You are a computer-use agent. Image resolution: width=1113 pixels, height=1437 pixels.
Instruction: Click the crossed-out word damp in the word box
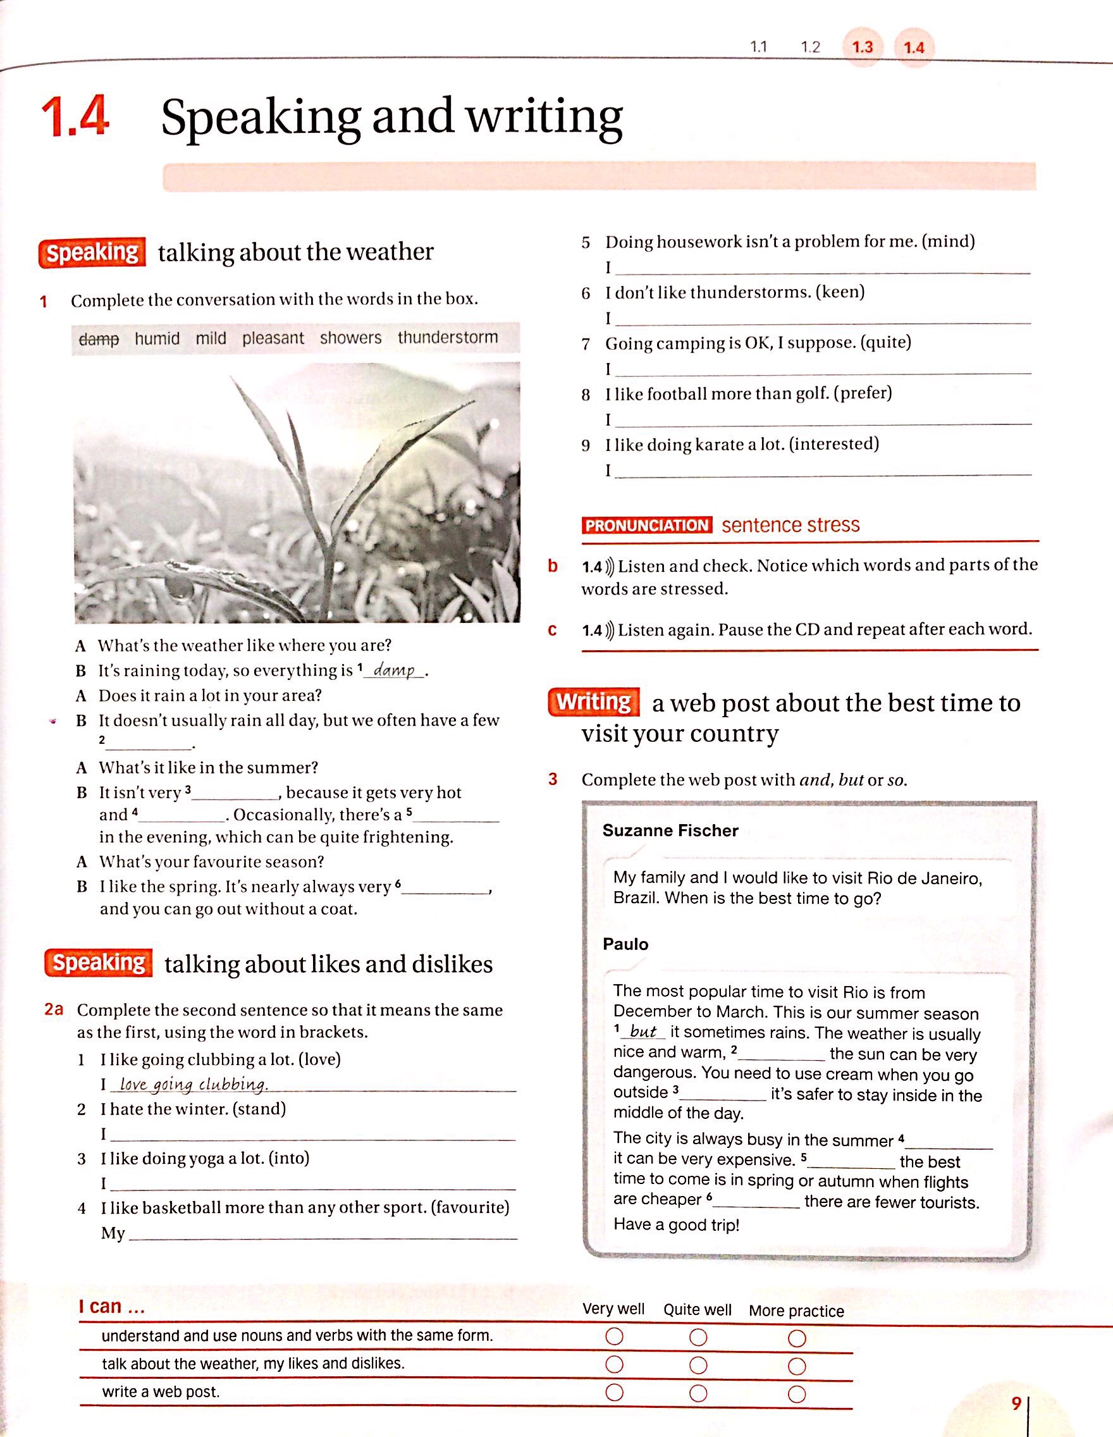[99, 339]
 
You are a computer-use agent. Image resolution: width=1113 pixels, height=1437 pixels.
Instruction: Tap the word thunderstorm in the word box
[447, 337]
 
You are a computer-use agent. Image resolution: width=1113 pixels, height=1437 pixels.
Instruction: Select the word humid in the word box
[157, 338]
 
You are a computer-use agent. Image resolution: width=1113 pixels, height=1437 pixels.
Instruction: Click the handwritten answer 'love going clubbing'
[194, 1083]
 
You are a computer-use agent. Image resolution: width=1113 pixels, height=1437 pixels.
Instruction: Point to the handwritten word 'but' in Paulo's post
[643, 1032]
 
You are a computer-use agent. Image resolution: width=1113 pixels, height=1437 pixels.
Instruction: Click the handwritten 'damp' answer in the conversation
[393, 670]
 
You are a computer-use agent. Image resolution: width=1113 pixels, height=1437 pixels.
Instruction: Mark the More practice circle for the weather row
[797, 1366]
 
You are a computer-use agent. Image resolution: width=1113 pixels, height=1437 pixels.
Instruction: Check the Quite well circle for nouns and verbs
[698, 1338]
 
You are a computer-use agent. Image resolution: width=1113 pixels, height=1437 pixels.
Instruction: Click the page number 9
[1016, 1403]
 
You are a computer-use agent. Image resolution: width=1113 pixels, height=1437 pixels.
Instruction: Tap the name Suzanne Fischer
[670, 830]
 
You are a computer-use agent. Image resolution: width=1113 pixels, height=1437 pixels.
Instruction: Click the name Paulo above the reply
[625, 944]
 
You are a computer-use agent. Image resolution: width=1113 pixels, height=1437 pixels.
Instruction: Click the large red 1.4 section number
[75, 117]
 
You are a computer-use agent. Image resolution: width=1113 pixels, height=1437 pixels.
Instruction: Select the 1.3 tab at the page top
[862, 47]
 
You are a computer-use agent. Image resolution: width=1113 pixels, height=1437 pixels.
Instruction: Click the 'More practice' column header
[796, 1310]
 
